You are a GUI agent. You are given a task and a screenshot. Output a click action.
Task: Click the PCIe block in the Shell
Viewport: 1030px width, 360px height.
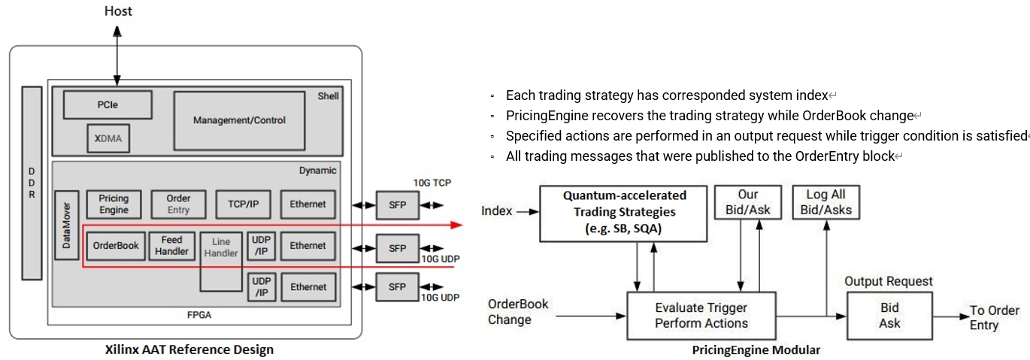[x=108, y=104]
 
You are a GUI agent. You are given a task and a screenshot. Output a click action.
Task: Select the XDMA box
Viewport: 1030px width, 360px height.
[x=108, y=138]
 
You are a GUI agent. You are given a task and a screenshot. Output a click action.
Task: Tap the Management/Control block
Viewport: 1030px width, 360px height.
[x=239, y=120]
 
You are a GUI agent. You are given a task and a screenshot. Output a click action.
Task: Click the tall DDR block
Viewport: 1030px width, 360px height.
[x=32, y=183]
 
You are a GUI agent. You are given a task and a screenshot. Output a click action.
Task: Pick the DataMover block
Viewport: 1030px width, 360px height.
[x=67, y=225]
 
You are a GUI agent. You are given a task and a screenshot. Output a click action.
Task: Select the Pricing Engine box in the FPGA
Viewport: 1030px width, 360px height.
[x=114, y=204]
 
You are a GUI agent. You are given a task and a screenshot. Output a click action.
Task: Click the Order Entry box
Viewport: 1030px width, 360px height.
[x=178, y=204]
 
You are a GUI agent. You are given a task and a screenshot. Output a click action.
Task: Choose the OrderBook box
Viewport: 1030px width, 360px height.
[x=116, y=246]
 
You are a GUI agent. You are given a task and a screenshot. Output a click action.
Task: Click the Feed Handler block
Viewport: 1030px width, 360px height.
[x=172, y=246]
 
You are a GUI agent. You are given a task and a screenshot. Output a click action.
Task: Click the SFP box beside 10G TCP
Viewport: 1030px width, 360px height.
[x=397, y=204]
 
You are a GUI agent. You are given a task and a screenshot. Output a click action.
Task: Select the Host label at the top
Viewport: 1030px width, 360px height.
[x=117, y=11]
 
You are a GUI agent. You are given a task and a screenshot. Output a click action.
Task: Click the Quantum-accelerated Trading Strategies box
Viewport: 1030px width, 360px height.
[x=623, y=213]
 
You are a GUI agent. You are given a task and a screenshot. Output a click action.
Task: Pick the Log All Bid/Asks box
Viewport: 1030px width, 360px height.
[x=826, y=202]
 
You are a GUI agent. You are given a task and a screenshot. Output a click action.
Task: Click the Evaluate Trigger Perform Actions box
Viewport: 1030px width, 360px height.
[x=701, y=316]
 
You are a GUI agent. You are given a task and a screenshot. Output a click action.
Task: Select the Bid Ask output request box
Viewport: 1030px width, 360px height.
[x=889, y=316]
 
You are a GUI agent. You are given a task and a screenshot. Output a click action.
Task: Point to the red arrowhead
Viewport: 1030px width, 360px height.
[x=454, y=224]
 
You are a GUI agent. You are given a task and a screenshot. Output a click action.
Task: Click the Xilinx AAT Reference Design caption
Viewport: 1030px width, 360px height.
[x=189, y=349]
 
